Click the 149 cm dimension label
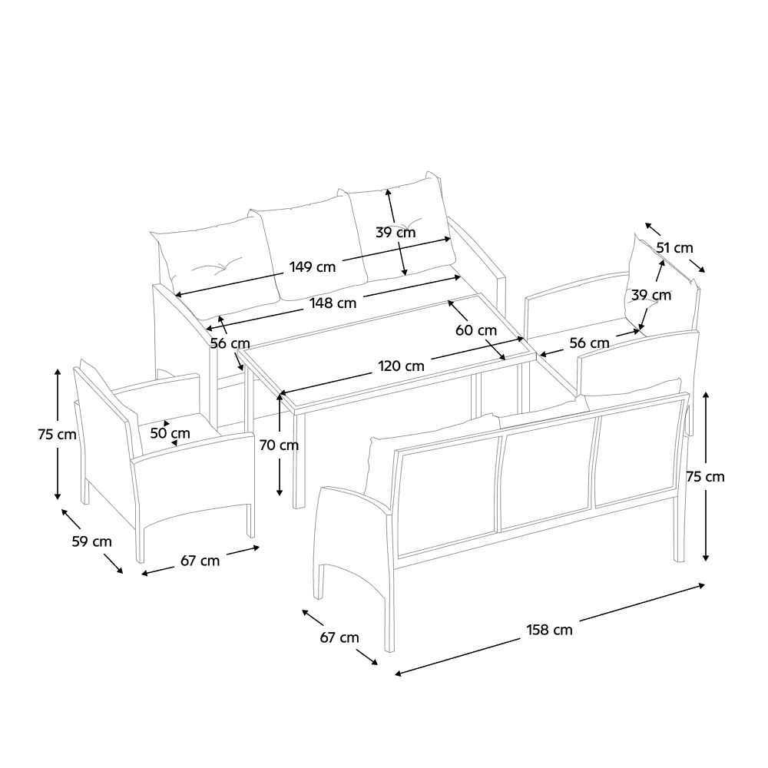313,267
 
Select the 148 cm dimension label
333,303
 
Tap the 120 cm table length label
401,366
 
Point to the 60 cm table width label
476,330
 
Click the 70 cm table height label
280,445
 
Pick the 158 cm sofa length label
550,630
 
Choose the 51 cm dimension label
675,248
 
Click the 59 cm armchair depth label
92,541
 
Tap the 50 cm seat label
170,433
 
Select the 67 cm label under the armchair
200,561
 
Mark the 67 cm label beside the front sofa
339,637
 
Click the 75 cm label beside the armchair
58,435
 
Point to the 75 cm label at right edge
705,477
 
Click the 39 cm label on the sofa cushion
396,233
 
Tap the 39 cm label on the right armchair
651,296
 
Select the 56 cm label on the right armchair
589,343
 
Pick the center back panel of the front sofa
547,473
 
